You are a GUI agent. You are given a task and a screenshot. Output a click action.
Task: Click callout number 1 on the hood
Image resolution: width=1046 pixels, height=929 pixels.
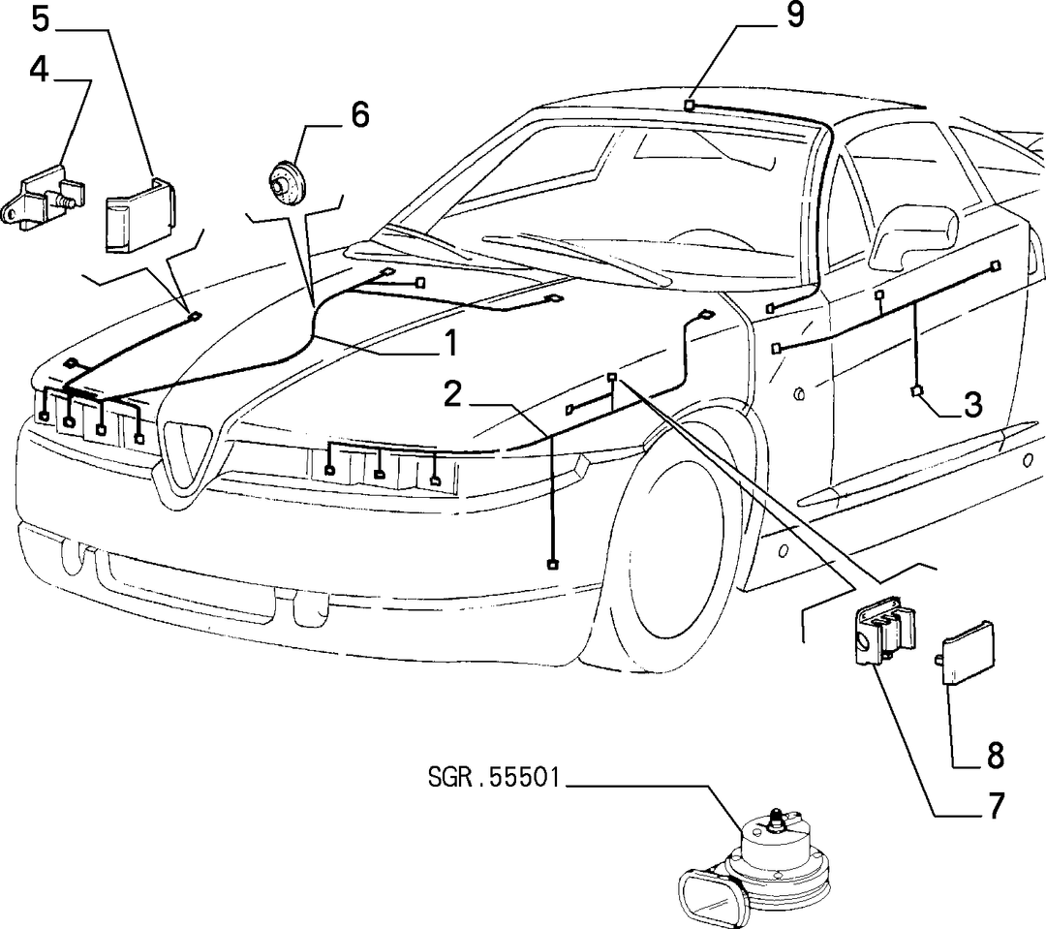[x=451, y=343]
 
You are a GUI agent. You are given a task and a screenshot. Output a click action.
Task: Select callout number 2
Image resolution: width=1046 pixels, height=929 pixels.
[x=453, y=393]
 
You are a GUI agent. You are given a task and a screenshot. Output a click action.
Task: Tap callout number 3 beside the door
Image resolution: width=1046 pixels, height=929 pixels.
[x=972, y=404]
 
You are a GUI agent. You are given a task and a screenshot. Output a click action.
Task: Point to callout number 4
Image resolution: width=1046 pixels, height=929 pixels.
[x=40, y=69]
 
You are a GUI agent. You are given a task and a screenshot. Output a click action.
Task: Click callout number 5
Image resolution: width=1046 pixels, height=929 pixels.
[x=41, y=18]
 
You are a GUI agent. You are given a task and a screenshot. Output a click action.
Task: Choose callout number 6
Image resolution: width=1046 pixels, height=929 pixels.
[x=359, y=114]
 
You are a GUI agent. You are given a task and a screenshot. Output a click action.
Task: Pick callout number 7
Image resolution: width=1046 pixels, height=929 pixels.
[x=995, y=805]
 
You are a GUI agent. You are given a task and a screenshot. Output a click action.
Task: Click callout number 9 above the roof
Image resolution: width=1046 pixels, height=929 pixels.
[x=794, y=15]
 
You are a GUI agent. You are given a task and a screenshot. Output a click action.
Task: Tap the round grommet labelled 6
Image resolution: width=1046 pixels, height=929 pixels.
[x=286, y=181]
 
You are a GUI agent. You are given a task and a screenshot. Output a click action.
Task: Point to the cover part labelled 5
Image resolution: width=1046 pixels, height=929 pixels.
[x=138, y=215]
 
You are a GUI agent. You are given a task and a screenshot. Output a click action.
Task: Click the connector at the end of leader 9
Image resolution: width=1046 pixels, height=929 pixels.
[x=691, y=105]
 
